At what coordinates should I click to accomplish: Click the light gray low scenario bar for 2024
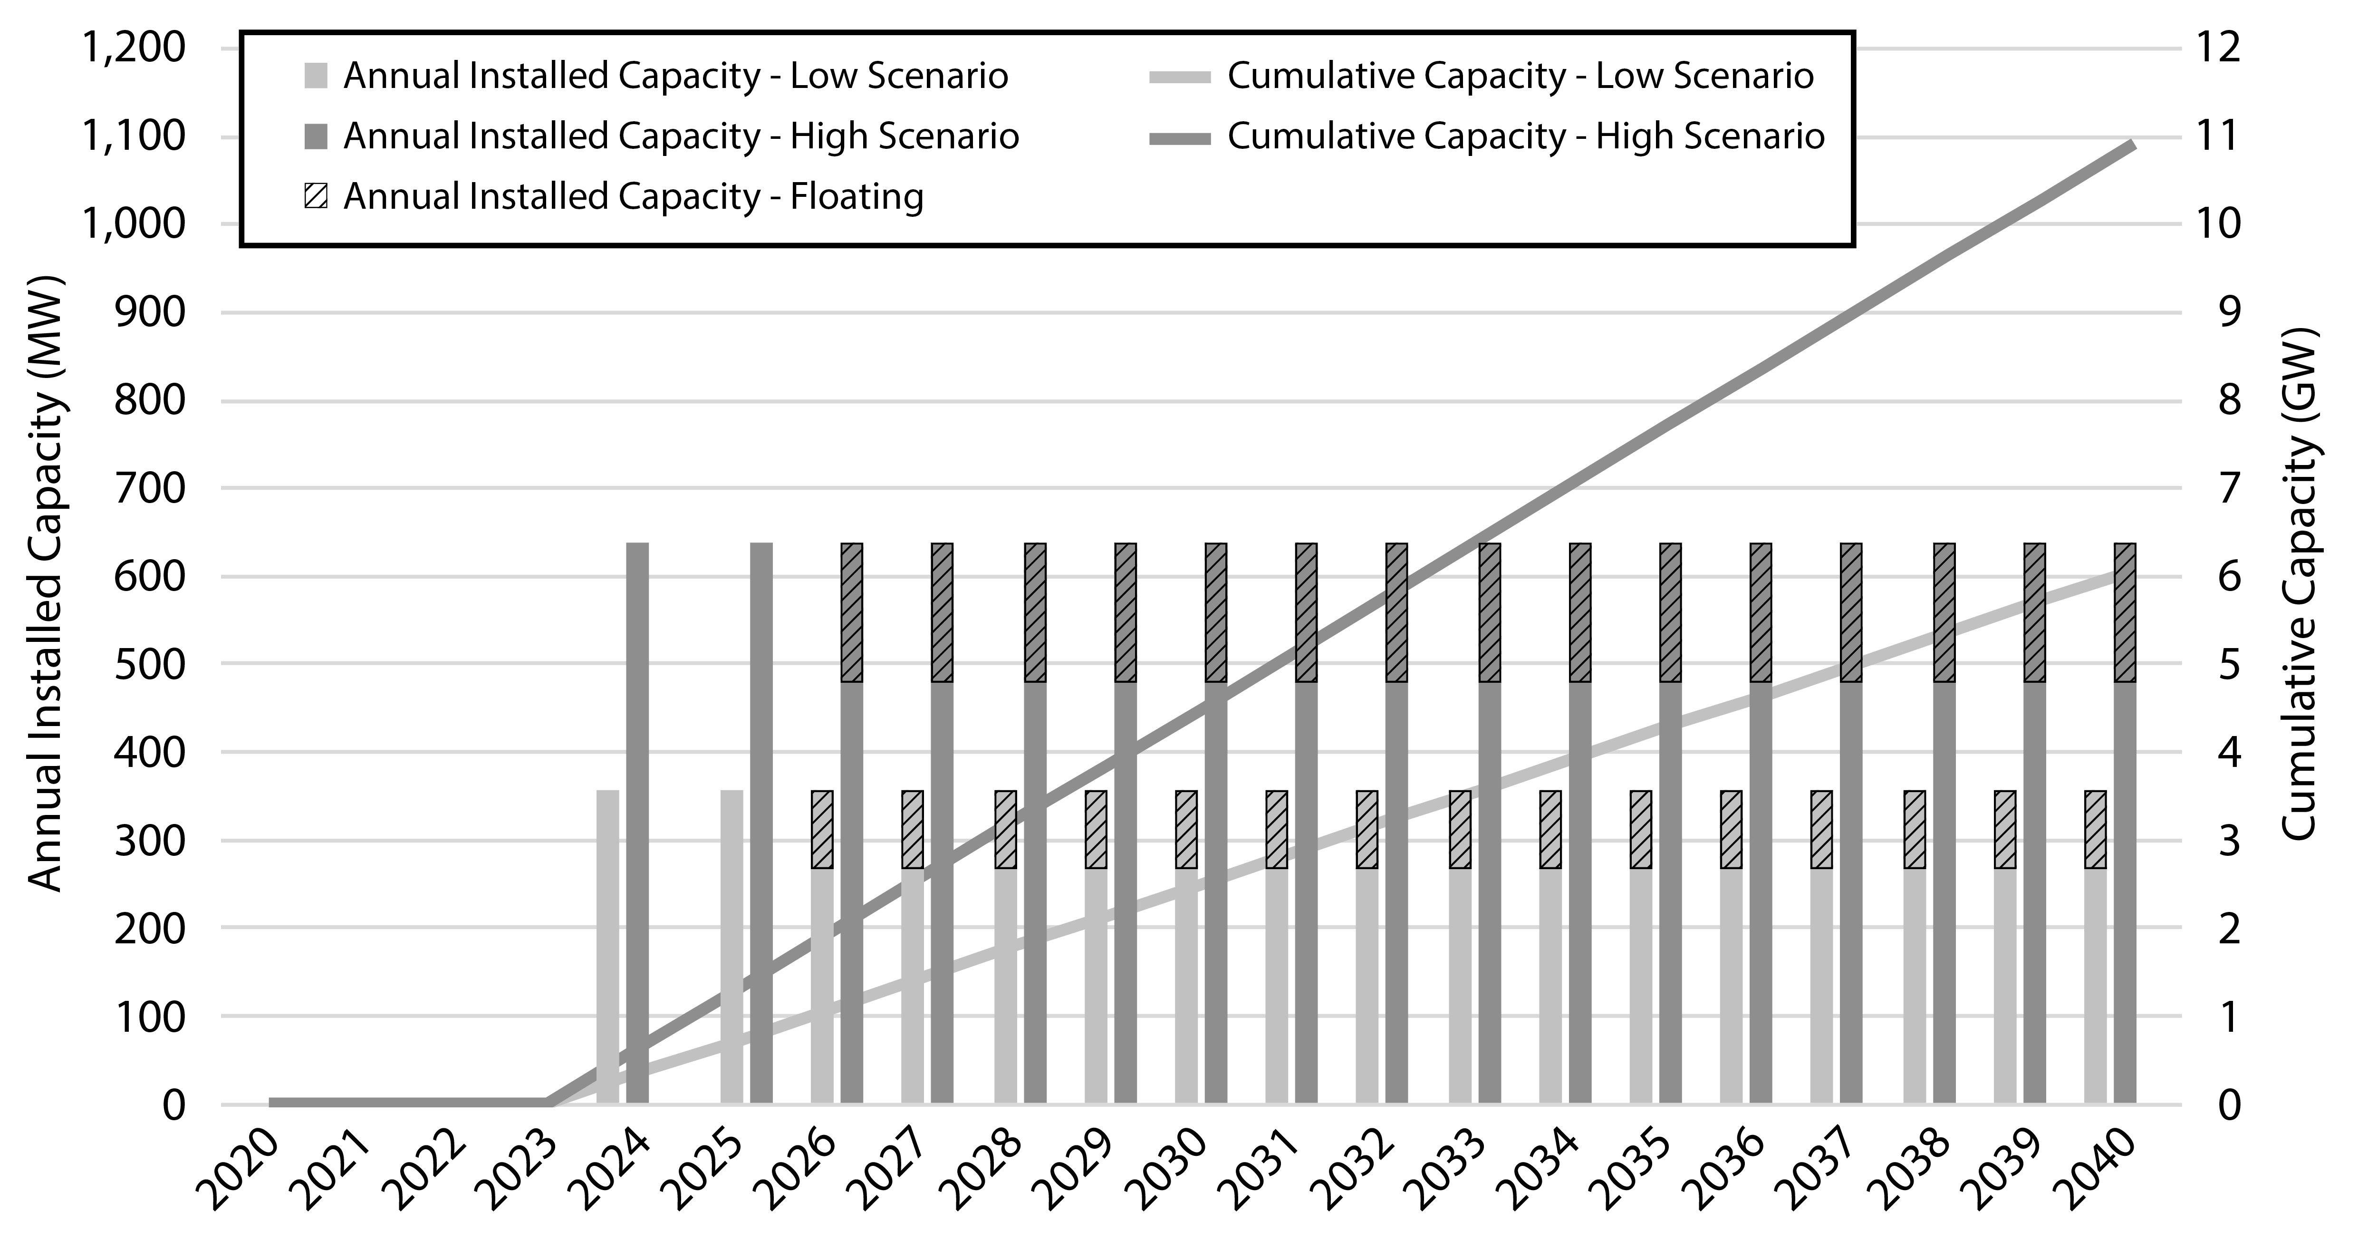(x=608, y=947)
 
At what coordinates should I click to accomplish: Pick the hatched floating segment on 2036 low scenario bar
(x=1731, y=829)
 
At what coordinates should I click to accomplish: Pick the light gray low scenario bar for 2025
(x=731, y=947)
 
